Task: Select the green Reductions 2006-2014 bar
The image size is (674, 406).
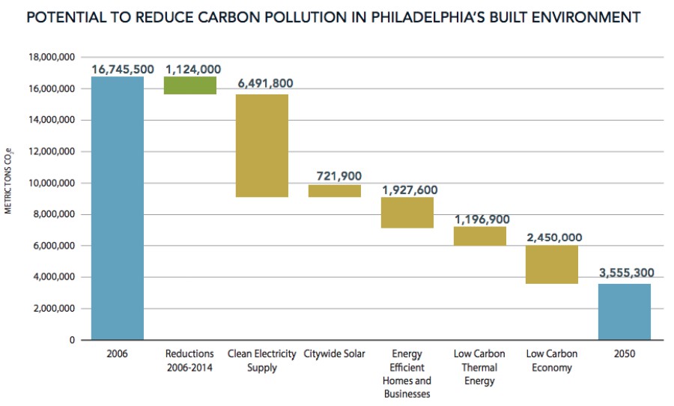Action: click(190, 85)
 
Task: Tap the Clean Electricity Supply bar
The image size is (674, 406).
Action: click(262, 145)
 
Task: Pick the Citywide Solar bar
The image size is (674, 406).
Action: click(335, 191)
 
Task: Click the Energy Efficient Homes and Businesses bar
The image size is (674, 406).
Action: click(407, 212)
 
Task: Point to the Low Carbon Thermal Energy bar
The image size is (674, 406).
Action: click(480, 236)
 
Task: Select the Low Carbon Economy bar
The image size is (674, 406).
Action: click(552, 264)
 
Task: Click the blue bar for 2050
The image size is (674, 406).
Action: click(625, 312)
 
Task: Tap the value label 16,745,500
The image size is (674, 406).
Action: click(123, 69)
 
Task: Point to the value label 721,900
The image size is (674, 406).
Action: click(338, 176)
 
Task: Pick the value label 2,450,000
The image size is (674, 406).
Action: click(554, 237)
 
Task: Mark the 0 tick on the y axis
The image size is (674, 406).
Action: click(72, 340)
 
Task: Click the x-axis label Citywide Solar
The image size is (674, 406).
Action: click(335, 354)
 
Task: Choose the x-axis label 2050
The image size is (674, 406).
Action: click(624, 354)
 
